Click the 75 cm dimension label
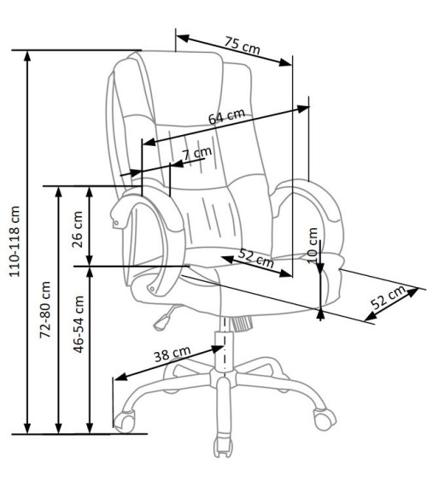pyautogui.click(x=243, y=45)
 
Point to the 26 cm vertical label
pyautogui.click(x=78, y=229)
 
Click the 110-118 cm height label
pyautogui.click(x=15, y=241)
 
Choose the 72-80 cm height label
pyautogui.click(x=45, y=309)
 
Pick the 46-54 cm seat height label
pyautogui.click(x=79, y=325)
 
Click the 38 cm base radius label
pyautogui.click(x=172, y=354)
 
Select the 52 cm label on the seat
pyautogui.click(x=256, y=258)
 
